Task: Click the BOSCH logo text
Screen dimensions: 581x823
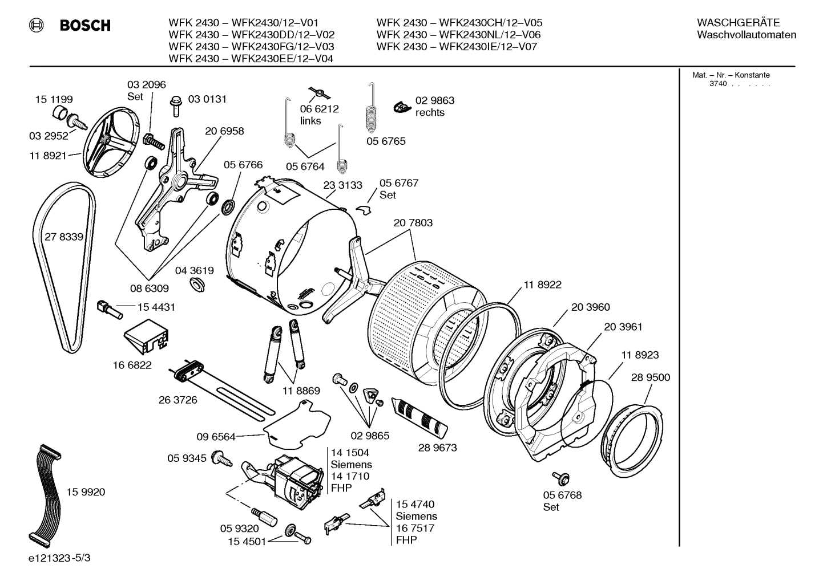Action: pos(84,26)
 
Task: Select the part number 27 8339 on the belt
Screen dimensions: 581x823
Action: pos(63,237)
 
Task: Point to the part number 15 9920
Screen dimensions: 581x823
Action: pos(86,492)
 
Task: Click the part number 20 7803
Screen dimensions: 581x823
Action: pos(413,223)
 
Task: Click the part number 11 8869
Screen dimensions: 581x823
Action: pos(301,391)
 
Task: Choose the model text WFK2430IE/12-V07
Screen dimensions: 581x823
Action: pos(488,47)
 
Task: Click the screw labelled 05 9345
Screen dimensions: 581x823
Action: pos(221,457)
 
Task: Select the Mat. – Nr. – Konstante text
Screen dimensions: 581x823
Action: pos(731,75)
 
